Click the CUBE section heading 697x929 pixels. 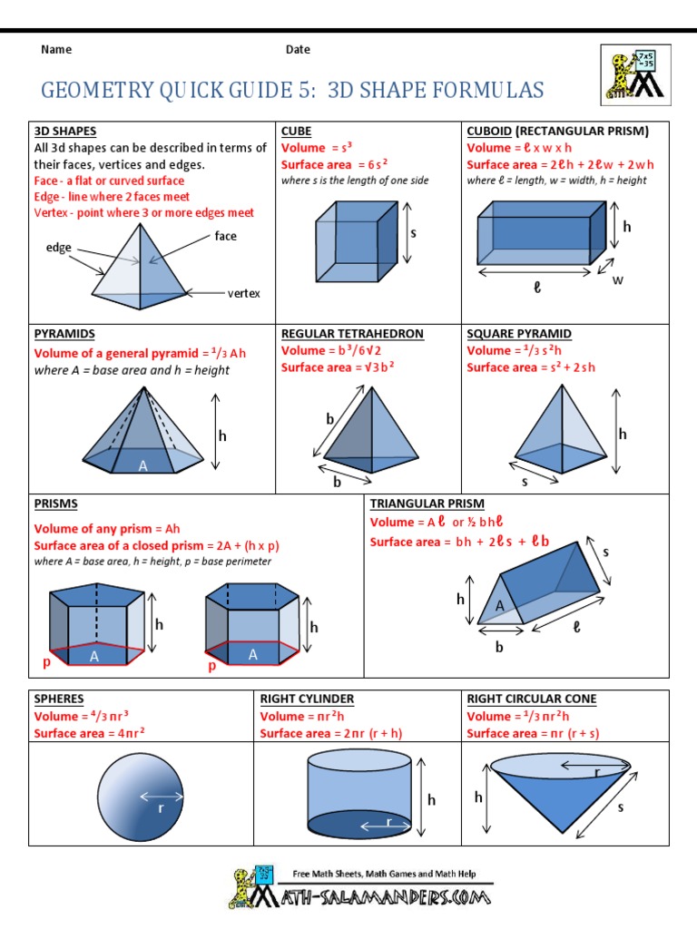pyautogui.click(x=296, y=131)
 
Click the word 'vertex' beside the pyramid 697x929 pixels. pyautogui.click(x=243, y=293)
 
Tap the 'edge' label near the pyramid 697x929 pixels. pyautogui.click(x=59, y=248)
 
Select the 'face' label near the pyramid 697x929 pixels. pyautogui.click(x=225, y=236)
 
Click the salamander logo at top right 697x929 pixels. pyautogui.click(x=635, y=73)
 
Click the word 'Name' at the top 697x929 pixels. pyautogui.click(x=56, y=50)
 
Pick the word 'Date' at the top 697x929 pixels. pyautogui.click(x=298, y=50)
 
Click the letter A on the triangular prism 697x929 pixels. pyautogui.click(x=499, y=606)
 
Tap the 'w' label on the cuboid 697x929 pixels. pyautogui.click(x=618, y=279)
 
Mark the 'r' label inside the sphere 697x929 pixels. pyautogui.click(x=162, y=807)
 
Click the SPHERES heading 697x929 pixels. pyautogui.click(x=59, y=699)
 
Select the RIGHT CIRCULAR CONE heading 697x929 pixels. pyautogui.click(x=531, y=699)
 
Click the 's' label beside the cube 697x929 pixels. pyautogui.click(x=412, y=233)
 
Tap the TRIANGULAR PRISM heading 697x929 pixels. pyautogui.click(x=427, y=504)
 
